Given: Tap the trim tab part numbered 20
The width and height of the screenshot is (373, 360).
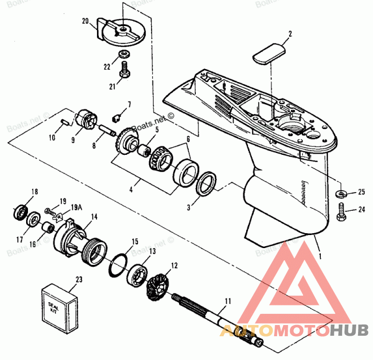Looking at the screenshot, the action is coord(120,31).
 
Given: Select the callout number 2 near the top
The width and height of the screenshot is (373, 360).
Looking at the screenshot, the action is coord(290,34).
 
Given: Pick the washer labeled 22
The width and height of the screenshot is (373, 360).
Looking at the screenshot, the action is coord(124,54).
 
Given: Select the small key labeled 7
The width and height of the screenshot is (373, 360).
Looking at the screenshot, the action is coord(119,113).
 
